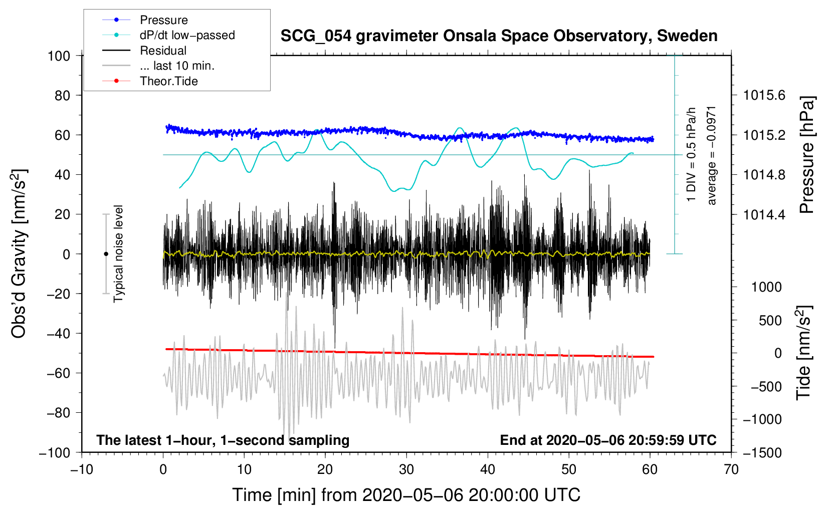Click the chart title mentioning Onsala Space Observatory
pos(499,36)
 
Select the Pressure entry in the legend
pos(163,20)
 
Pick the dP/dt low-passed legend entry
pos(187,35)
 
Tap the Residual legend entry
pos(163,51)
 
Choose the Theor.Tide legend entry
pos(168,81)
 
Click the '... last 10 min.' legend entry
pos(177,66)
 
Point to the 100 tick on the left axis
pos(59,56)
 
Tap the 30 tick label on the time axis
pos(406,470)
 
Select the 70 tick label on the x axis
pos(731,470)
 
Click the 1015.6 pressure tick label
pos(764,95)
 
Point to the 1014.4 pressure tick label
pos(764,215)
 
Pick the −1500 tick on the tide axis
pos(762,453)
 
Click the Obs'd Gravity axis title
pos(19,253)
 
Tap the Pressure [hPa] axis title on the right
pos(806,155)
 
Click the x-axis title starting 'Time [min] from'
pos(406,495)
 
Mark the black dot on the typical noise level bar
pos(106,254)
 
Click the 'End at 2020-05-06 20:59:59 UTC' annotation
pos(608,440)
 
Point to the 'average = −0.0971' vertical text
pos(712,155)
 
